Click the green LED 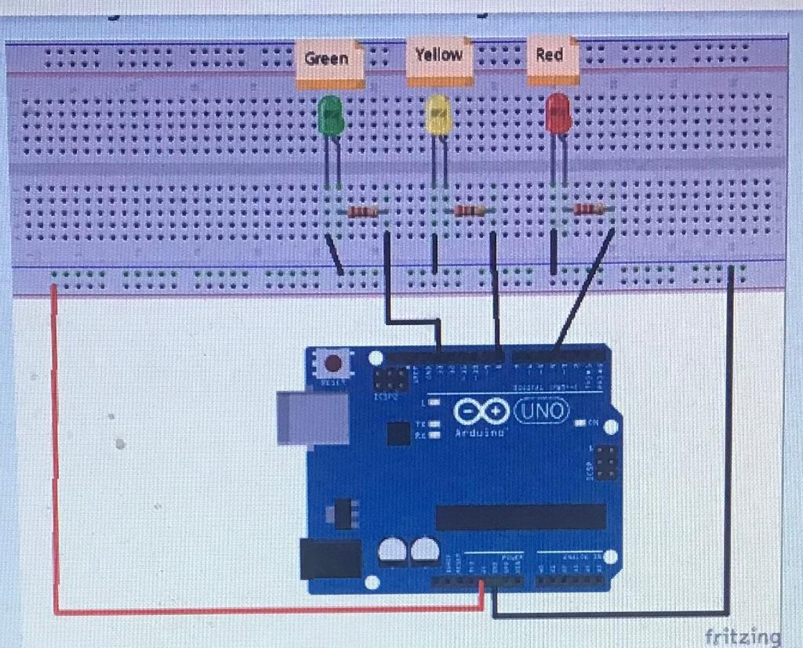click(x=330, y=116)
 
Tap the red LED click(x=558, y=114)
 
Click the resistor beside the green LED click(x=363, y=212)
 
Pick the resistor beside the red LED click(x=588, y=208)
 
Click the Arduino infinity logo click(x=479, y=413)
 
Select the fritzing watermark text click(x=742, y=635)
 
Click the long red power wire click(x=55, y=454)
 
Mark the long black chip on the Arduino click(x=521, y=516)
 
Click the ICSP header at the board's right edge click(x=605, y=462)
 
